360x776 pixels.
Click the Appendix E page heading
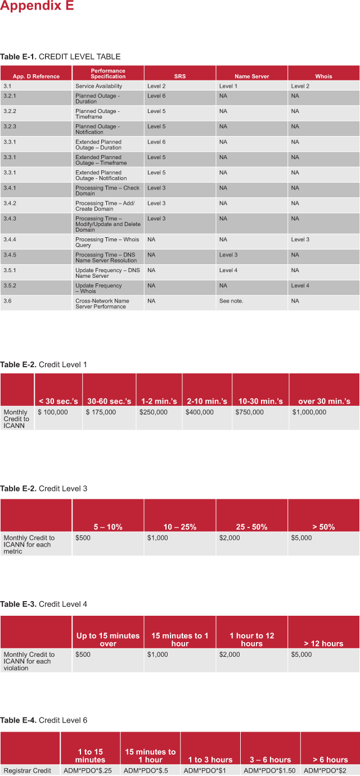[37, 6]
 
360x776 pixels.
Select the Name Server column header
[251, 76]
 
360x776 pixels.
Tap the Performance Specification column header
[108, 74]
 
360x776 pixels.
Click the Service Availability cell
[99, 86]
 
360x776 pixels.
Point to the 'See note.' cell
[231, 301]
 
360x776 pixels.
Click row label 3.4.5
[10, 255]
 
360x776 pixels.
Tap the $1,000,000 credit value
[309, 412]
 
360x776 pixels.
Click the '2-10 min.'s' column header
[207, 401]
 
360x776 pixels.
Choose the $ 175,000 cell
[101, 412]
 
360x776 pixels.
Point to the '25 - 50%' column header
[251, 527]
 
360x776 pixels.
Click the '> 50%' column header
[323, 527]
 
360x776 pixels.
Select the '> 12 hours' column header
[323, 643]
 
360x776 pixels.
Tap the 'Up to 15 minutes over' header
[108, 639]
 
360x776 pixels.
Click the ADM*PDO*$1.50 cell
[269, 770]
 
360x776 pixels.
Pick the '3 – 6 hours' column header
[270, 760]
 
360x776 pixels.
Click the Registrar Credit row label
[28, 770]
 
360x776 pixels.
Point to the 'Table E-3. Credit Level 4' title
[44, 604]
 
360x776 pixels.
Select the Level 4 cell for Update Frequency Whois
[300, 286]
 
